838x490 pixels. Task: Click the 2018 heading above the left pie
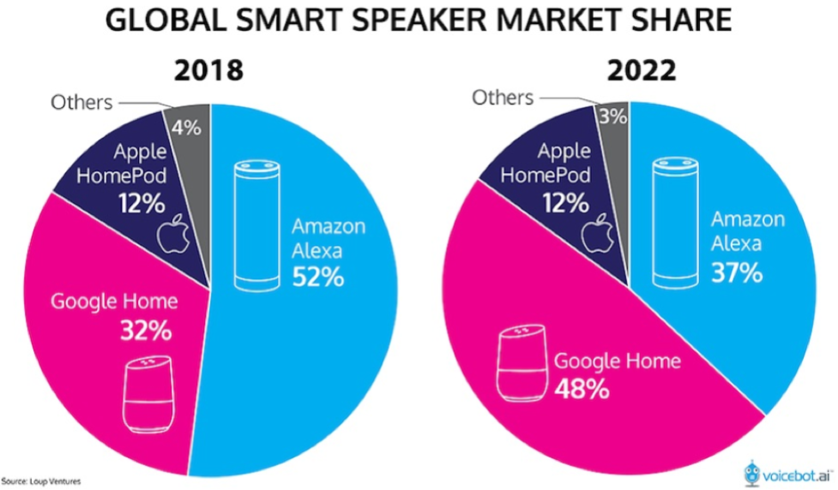pyautogui.click(x=208, y=71)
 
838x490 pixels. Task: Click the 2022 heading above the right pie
pyautogui.click(x=642, y=71)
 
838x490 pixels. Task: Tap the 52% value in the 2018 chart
pyautogui.click(x=318, y=277)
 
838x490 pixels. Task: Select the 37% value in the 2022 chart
pyautogui.click(x=737, y=272)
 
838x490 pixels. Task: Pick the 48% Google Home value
pyautogui.click(x=582, y=387)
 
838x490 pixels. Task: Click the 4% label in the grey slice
pyautogui.click(x=186, y=128)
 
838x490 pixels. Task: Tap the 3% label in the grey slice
pyautogui.click(x=612, y=117)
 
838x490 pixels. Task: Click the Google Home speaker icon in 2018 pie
pyautogui.click(x=148, y=395)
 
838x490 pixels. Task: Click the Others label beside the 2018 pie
pyautogui.click(x=81, y=103)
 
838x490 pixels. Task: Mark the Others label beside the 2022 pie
pyautogui.click(x=503, y=98)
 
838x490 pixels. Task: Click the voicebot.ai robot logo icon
pyautogui.click(x=753, y=472)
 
